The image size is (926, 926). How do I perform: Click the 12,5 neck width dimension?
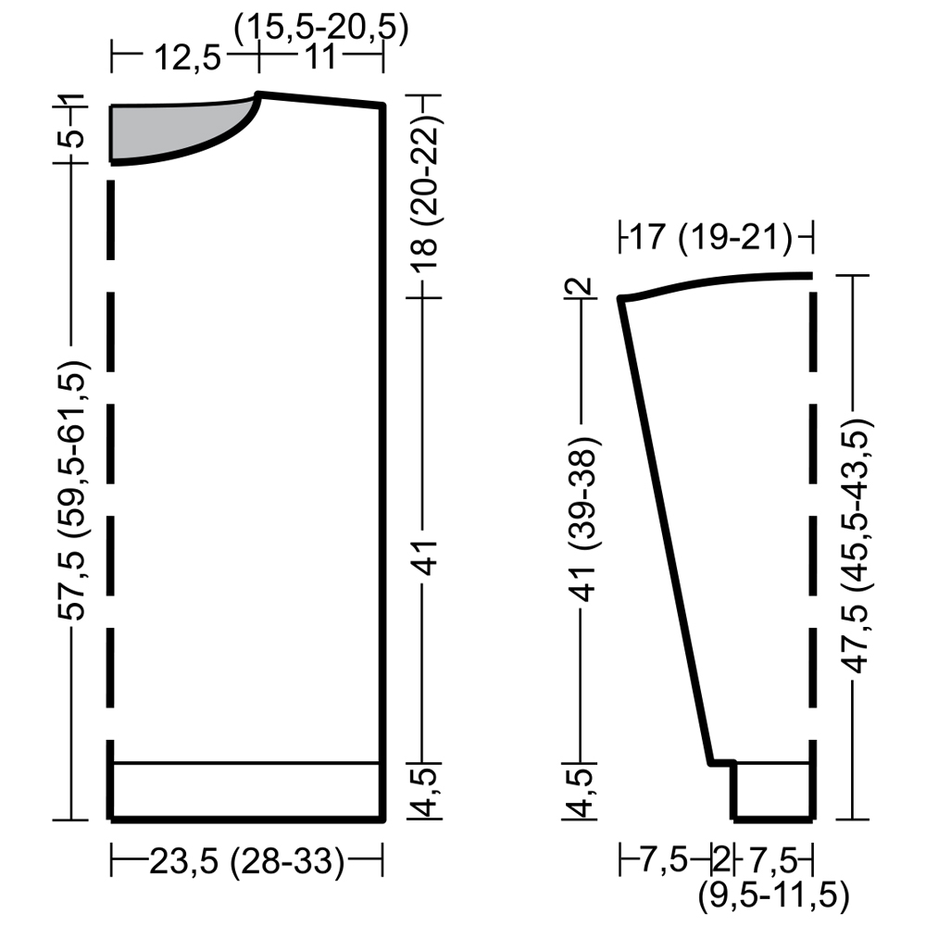pos(187,57)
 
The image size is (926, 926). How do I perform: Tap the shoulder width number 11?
pos(321,57)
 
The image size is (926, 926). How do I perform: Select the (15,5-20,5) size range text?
pos(321,27)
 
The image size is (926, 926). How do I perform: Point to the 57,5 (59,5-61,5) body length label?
pos(74,490)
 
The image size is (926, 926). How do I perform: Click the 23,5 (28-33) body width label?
pos(247,861)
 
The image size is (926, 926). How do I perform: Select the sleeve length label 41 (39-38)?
pos(583,519)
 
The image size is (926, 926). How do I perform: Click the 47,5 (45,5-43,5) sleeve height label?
pos(857,546)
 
